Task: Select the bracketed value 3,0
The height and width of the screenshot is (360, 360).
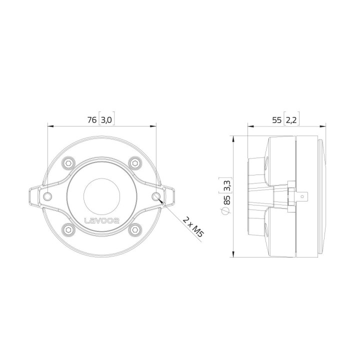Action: point(107,120)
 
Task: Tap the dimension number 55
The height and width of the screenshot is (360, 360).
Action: point(276,120)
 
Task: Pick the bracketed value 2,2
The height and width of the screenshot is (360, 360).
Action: point(292,120)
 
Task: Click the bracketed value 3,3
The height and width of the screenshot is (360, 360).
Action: point(227,188)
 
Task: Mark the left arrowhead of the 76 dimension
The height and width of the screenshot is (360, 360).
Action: point(49,126)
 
